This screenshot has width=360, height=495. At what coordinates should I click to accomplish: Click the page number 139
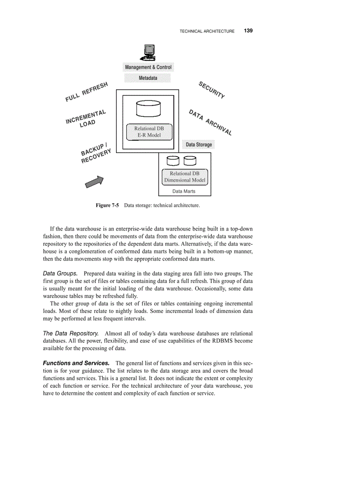[x=248, y=31]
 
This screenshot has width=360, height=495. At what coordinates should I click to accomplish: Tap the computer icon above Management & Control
[x=148, y=53]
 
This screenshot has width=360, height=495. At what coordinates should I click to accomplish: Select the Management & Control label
[x=148, y=67]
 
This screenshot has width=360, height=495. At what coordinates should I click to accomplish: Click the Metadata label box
[x=148, y=78]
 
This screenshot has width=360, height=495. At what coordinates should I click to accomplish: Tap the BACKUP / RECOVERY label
[x=96, y=153]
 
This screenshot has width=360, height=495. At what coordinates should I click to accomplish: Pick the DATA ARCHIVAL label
[x=210, y=122]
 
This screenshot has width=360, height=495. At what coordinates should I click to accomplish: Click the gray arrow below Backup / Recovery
[x=94, y=182]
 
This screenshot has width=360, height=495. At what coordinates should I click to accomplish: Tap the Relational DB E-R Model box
[x=148, y=132]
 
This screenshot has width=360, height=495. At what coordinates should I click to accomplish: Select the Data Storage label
[x=199, y=145]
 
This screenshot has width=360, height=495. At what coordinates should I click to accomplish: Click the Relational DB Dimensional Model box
[x=185, y=177]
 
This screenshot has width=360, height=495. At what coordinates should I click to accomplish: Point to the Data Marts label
[x=184, y=191]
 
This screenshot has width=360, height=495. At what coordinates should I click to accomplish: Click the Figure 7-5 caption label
[x=108, y=205]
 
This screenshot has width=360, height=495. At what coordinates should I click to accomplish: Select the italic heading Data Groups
[x=60, y=274]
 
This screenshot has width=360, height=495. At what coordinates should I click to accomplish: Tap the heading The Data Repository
[x=71, y=333]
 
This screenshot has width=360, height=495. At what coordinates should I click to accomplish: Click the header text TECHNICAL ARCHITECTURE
[x=207, y=31]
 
